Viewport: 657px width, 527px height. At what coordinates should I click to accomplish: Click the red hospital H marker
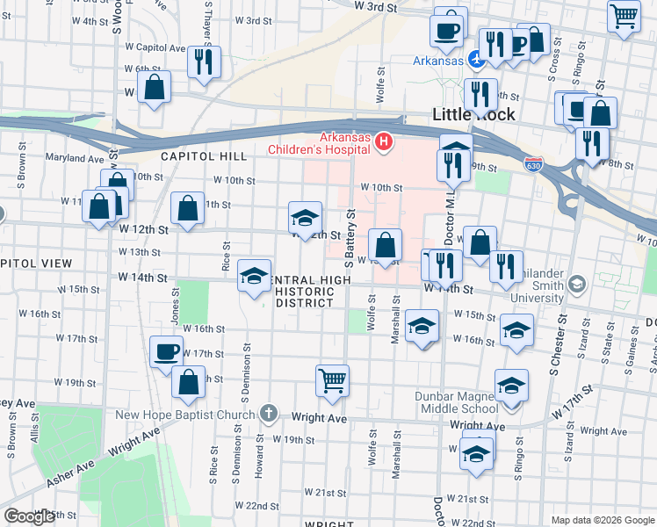coord(383,141)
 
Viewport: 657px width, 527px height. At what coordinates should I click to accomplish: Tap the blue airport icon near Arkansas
coord(475,61)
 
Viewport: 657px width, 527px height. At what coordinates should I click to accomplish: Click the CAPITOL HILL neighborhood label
coord(204,156)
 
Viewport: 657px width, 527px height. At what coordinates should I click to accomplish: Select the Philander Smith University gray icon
coord(577,284)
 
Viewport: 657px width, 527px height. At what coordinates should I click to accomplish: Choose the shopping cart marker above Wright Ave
coord(333,381)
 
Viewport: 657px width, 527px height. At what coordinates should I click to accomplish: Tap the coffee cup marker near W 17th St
coord(166,352)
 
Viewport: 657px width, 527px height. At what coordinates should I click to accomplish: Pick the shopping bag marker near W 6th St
coord(154,87)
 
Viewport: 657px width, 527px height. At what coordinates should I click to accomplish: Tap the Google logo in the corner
coord(28,516)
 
